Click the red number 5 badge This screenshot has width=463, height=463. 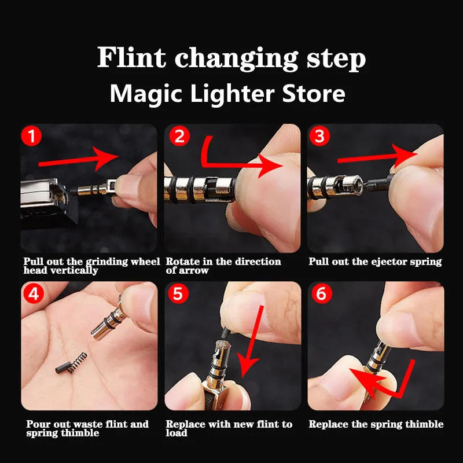(178, 294)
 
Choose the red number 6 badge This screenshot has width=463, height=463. (322, 294)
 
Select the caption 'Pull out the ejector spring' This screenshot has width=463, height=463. (375, 262)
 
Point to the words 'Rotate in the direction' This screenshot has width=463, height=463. (223, 262)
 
